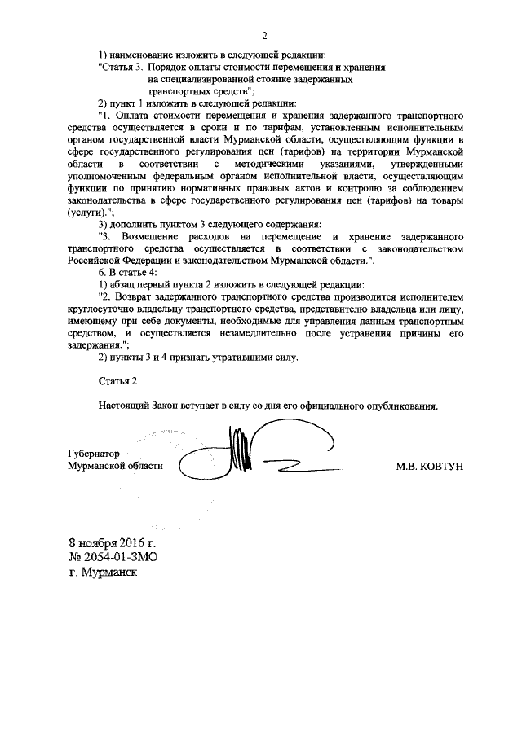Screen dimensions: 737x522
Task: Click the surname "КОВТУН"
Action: point(443,466)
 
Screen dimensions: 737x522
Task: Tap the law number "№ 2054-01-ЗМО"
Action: point(113,557)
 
